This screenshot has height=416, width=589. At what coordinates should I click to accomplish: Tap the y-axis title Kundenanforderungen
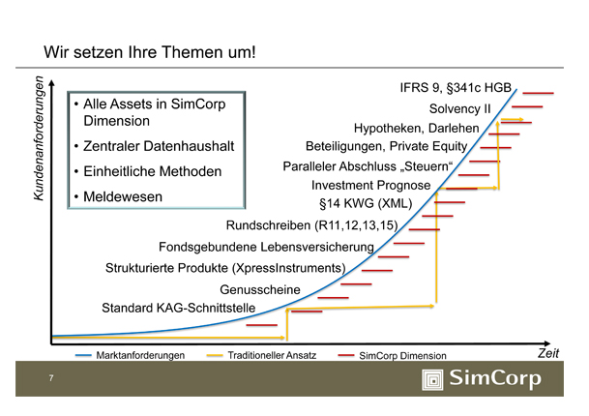click(x=40, y=141)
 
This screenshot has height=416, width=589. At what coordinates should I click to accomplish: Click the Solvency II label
click(x=460, y=108)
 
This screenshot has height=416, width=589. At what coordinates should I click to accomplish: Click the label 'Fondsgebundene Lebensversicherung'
click(x=266, y=248)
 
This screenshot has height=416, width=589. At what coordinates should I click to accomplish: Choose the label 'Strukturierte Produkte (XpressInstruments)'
click(x=225, y=267)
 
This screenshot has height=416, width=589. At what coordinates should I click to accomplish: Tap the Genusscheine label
click(x=260, y=289)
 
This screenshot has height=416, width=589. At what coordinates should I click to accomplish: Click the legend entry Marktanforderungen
click(x=140, y=356)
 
